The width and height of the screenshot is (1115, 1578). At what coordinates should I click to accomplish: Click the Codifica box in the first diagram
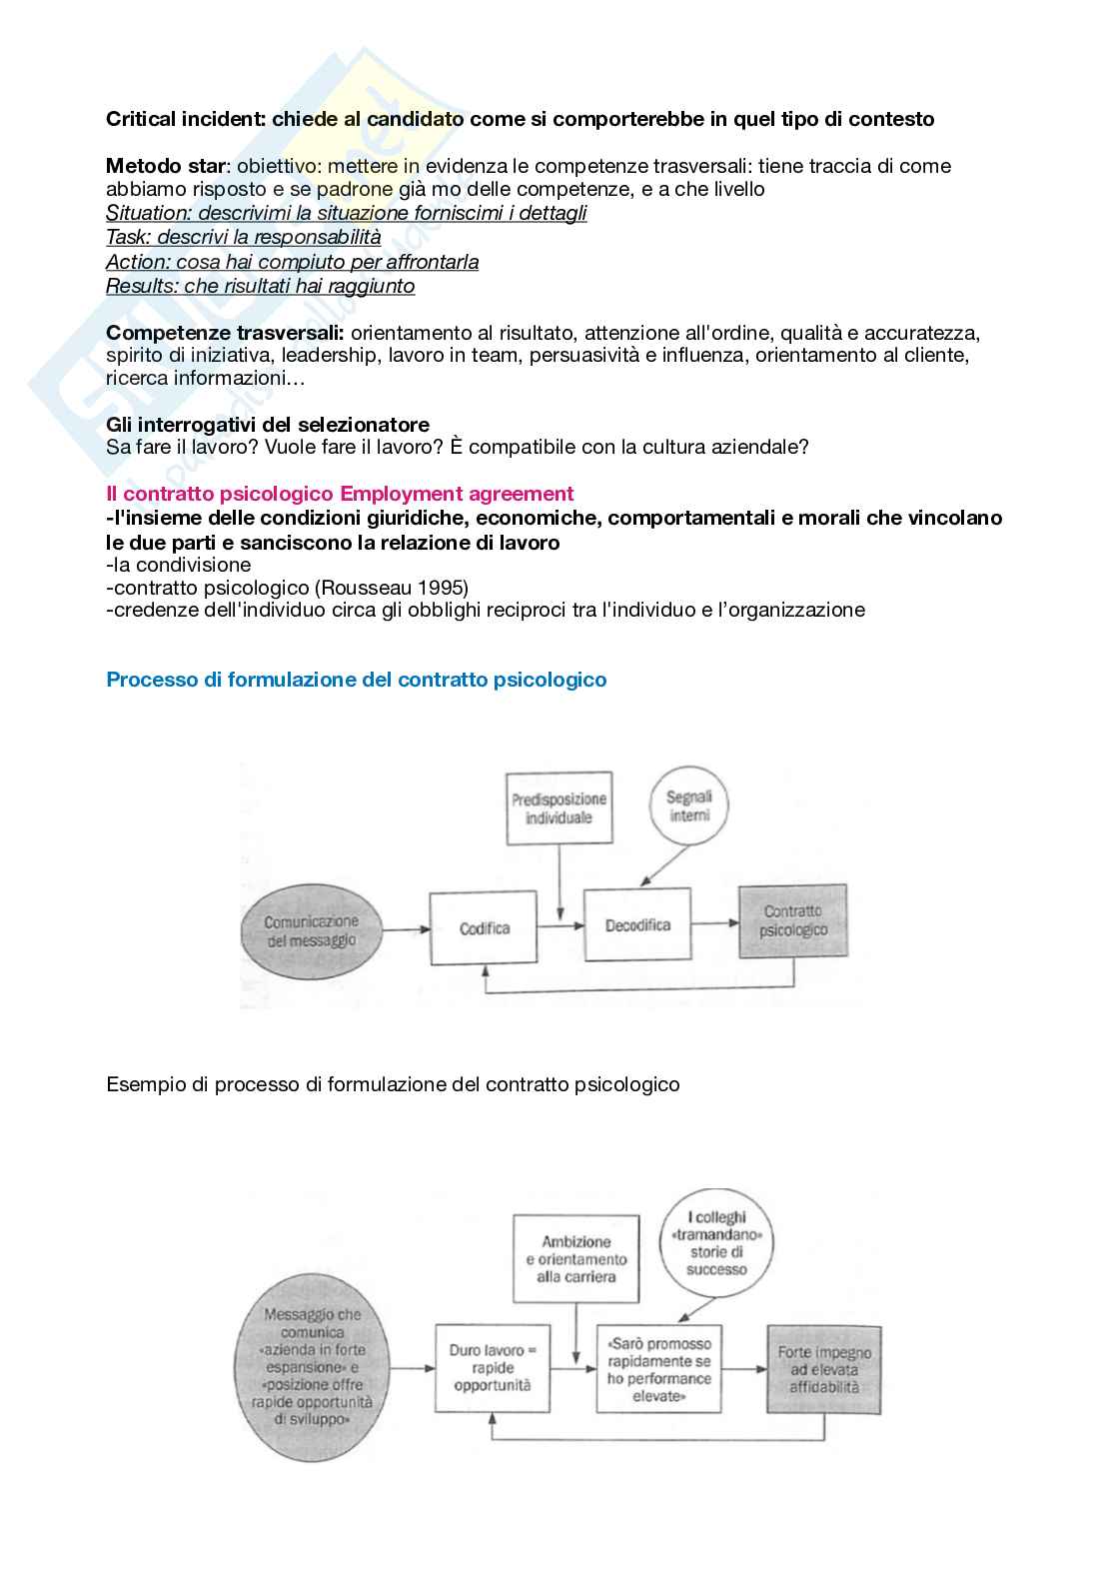tap(484, 928)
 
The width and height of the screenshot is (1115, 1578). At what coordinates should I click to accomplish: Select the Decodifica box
tap(636, 925)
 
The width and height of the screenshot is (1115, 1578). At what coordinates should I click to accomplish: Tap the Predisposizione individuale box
tap(558, 808)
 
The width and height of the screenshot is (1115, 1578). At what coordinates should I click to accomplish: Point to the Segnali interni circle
tap(689, 806)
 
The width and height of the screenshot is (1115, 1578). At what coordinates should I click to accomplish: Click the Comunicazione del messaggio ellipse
tap(311, 930)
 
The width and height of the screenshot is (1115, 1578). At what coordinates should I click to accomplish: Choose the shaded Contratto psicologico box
tap(793, 920)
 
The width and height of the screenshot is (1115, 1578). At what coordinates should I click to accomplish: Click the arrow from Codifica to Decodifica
tap(560, 926)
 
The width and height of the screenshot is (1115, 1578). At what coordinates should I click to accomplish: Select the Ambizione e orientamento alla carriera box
tap(575, 1259)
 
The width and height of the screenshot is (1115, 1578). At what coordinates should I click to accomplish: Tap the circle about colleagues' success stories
tap(716, 1244)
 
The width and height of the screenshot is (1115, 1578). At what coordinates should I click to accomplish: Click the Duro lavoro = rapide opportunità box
tap(493, 1368)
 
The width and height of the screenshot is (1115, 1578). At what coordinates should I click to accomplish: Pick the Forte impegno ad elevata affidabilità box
tap(824, 1369)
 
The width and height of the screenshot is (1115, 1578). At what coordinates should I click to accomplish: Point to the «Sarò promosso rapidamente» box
tap(658, 1369)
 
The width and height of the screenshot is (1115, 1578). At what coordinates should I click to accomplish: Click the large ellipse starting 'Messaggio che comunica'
tap(313, 1367)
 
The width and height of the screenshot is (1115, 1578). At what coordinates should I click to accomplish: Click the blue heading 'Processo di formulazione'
tap(356, 680)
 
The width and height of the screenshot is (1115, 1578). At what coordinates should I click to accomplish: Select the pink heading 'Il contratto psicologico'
tap(340, 494)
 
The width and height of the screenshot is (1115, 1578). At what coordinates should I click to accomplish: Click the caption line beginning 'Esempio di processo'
tap(393, 1084)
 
